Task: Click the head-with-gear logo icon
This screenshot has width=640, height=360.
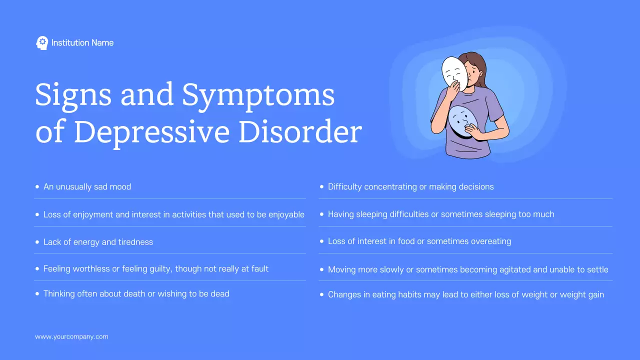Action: coord(42,43)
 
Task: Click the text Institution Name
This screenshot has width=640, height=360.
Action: coord(82,43)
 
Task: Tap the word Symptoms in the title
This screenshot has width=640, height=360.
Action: coord(258,94)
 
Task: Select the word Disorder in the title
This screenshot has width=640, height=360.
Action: coord(299,132)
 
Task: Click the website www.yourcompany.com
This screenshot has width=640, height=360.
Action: coord(71,337)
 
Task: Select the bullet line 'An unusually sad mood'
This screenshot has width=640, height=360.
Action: coord(87,187)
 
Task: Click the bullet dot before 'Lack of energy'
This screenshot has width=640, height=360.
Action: coord(37,242)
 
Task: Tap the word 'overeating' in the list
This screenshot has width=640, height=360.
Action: coord(490,241)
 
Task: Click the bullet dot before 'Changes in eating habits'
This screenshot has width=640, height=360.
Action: coord(321,295)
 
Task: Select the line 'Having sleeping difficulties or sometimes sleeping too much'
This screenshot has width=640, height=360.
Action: coord(440,214)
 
